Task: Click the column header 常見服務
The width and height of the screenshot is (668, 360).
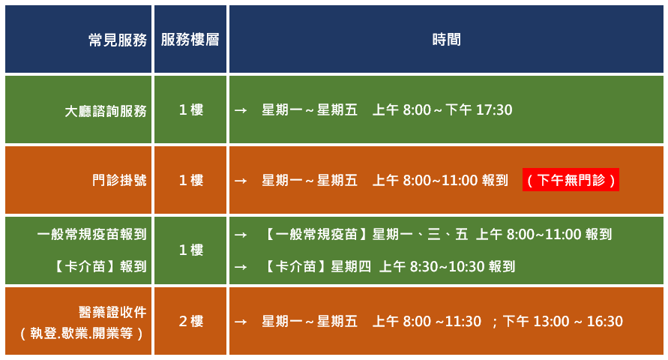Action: (x=118, y=40)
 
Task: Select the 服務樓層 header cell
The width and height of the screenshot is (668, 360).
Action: (x=190, y=40)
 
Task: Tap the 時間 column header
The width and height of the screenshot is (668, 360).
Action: (x=446, y=40)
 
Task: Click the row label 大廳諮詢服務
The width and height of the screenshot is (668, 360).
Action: (x=106, y=111)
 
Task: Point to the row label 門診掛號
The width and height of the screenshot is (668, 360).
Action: (x=119, y=180)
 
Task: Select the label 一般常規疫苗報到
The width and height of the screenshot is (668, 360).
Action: (x=91, y=234)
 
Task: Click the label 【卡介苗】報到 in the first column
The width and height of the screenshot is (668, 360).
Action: (x=100, y=266)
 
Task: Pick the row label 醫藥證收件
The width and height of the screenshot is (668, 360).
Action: (x=112, y=312)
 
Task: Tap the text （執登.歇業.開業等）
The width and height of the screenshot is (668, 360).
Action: (x=82, y=333)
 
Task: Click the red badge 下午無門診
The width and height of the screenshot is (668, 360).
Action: (x=571, y=180)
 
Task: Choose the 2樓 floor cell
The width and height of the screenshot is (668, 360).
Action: (x=191, y=321)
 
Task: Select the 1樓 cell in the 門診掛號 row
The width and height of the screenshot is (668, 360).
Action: (x=191, y=180)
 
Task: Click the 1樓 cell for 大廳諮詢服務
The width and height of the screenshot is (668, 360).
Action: (x=191, y=110)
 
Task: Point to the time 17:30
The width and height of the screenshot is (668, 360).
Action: (x=494, y=110)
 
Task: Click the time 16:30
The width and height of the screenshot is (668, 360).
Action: (x=605, y=321)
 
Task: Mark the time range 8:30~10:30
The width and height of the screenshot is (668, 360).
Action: (x=448, y=267)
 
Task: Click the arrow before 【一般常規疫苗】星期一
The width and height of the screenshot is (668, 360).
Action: (x=241, y=235)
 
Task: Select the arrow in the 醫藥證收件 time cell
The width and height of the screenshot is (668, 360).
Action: (x=241, y=321)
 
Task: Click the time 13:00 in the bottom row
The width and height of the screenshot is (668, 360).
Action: (x=552, y=321)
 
